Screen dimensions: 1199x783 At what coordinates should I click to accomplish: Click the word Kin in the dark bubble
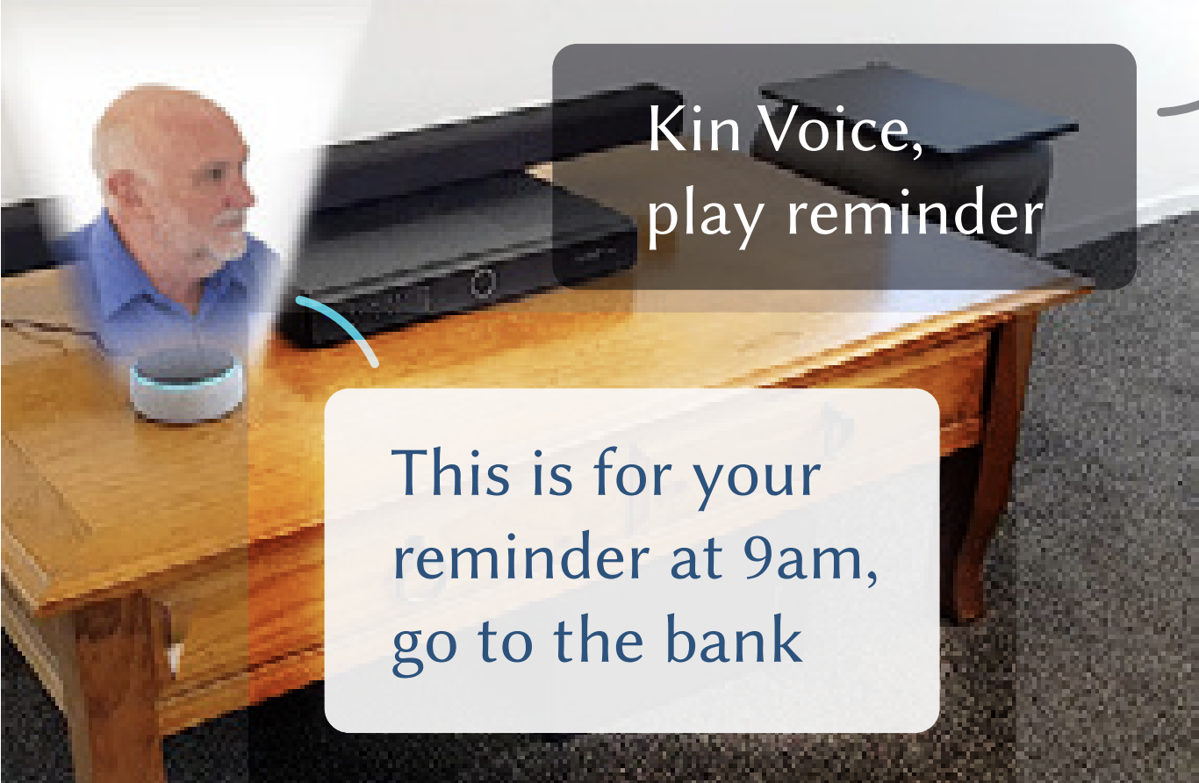[x=694, y=129]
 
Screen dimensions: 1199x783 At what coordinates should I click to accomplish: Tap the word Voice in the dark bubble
[x=835, y=129]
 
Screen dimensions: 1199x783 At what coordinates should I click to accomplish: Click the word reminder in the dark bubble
[x=915, y=211]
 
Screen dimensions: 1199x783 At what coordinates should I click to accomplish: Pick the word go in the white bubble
[x=425, y=649]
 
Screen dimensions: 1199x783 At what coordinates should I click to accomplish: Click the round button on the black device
[x=482, y=282]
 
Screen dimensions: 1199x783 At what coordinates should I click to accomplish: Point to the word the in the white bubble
[x=599, y=638]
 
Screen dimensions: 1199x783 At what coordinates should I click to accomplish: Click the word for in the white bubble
[x=633, y=472]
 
